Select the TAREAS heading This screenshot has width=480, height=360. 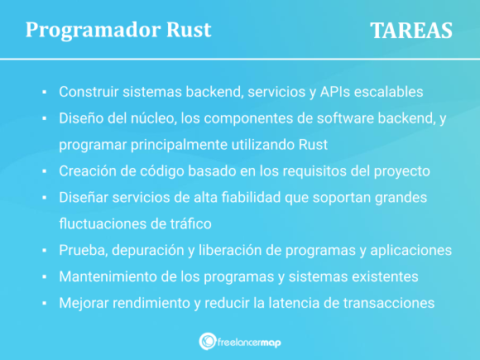coord(411,31)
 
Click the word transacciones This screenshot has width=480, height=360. coord(391,303)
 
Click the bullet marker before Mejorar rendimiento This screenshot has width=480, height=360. coord(43,304)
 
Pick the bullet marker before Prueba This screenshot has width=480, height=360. coord(43,251)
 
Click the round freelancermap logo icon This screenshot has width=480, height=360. coord(209,341)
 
